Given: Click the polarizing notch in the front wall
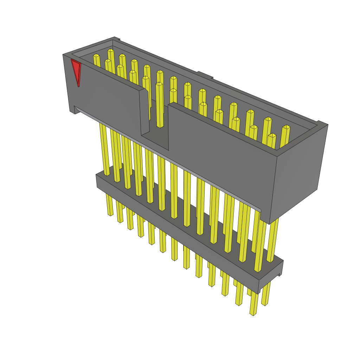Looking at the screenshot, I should pos(155,137).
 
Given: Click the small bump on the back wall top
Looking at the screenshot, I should pos(205,75).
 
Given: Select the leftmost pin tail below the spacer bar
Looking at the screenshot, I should pos(110,206).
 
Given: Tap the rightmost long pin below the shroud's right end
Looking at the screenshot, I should pos(272,239).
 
